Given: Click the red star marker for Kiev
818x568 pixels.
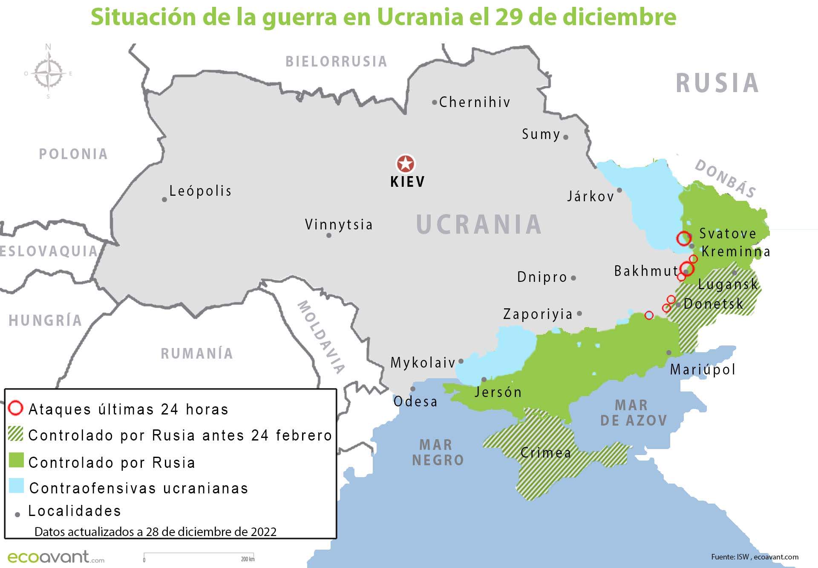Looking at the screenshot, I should (405, 164).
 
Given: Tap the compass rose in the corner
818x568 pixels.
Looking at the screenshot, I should (48, 73).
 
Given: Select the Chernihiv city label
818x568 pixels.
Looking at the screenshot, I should (475, 102).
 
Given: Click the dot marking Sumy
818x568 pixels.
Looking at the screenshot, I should (566, 137).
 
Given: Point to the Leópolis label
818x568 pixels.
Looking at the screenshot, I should (200, 191).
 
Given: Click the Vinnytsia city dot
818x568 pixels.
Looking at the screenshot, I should (328, 235).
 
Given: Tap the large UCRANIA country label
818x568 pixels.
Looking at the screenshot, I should (479, 224).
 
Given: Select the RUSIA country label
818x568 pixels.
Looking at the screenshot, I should (717, 83).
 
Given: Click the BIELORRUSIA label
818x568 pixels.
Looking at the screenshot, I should (336, 62).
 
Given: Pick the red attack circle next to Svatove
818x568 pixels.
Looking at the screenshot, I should (684, 238).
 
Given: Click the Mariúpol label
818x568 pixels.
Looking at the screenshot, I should (703, 369).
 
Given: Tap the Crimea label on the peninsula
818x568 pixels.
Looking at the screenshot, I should (546, 452).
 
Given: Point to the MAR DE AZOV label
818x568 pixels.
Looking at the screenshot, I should (633, 412).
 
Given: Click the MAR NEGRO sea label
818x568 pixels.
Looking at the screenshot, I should (438, 452).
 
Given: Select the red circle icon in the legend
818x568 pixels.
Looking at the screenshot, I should (15, 409).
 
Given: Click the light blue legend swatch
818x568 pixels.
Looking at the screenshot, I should (16, 486).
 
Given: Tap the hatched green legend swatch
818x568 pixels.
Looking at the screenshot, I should (16, 434).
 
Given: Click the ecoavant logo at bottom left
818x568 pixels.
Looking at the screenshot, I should (55, 557).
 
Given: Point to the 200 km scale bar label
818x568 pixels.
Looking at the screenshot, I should (248, 559).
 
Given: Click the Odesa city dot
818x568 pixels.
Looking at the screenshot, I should (412, 389).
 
